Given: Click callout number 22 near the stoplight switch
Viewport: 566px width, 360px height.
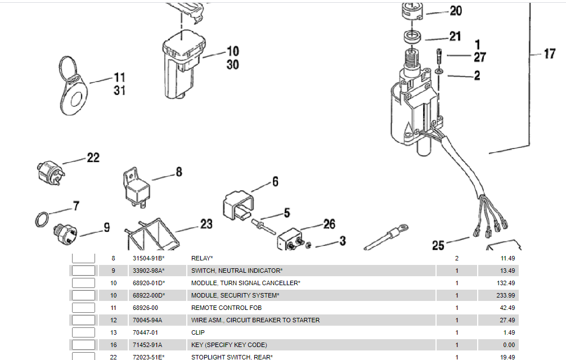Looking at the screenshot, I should point(93,158).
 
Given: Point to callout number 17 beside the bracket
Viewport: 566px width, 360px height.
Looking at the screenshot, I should point(549,55).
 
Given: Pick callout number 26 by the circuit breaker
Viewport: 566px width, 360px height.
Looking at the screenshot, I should point(329,225).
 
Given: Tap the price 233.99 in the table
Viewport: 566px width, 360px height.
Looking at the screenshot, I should point(505,295).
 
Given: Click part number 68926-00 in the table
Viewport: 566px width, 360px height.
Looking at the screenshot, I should point(145,308).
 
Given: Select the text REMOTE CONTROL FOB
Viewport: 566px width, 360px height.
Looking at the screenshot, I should point(226,308).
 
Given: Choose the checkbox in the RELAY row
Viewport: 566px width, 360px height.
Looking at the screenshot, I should point(83,258).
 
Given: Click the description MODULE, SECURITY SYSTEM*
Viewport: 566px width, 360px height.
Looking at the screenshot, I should point(235,295).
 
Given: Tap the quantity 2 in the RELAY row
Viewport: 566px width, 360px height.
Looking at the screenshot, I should point(456,258).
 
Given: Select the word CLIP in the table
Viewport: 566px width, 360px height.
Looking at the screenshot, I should point(197,332).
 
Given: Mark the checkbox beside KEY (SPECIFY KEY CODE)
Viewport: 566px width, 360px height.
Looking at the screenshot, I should point(83,345).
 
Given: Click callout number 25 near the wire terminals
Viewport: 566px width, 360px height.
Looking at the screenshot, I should point(438,245).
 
